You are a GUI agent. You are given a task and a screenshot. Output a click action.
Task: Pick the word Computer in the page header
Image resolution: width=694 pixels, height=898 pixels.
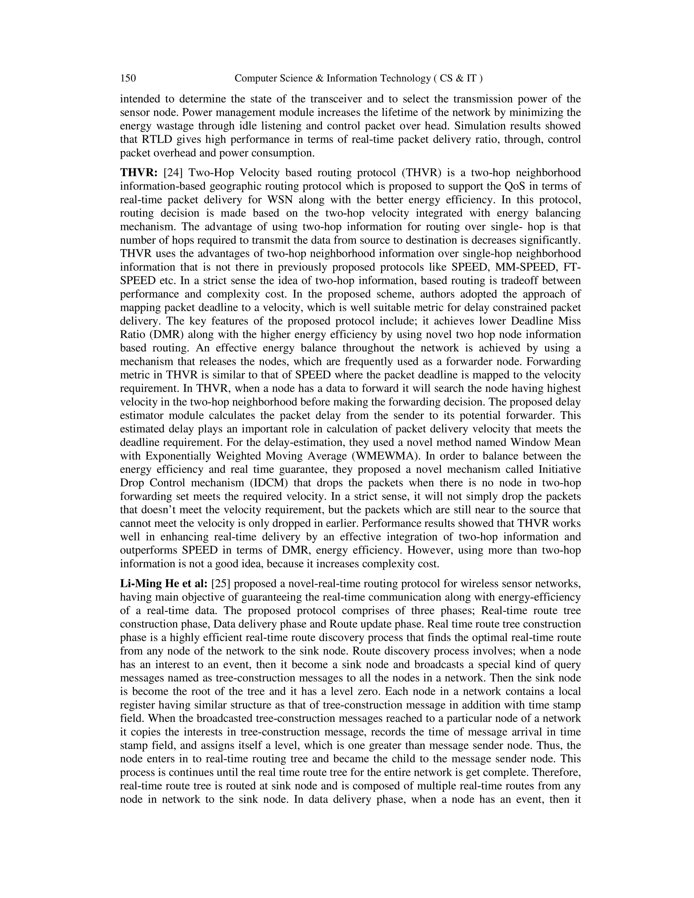tap(254, 78)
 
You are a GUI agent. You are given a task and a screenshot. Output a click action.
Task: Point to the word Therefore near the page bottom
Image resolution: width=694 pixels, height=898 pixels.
tap(557, 773)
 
